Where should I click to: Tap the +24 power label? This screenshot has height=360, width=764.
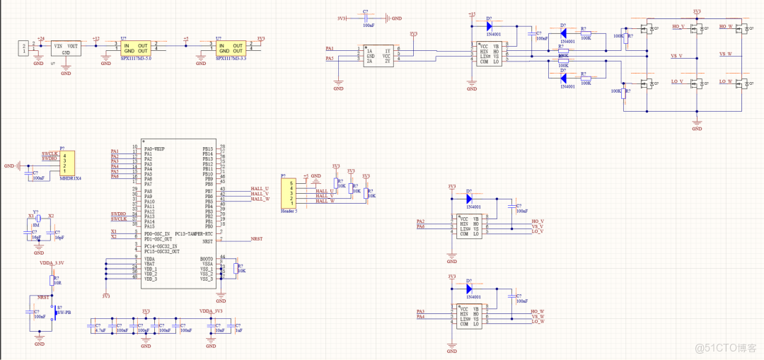(40, 38)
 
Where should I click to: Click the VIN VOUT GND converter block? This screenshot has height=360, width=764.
(66, 48)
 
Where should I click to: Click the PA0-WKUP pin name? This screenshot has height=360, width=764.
(154, 149)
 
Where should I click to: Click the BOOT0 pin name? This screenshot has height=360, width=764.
(206, 259)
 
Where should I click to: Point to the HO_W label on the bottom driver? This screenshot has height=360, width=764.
(538, 311)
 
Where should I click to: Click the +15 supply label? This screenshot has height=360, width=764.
(471, 14)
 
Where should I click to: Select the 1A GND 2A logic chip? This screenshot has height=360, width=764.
(377, 54)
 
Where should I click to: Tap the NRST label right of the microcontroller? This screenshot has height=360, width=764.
(256, 239)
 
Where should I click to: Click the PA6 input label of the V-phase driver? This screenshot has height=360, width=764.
(420, 226)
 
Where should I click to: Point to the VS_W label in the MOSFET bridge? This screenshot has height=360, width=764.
(726, 54)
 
